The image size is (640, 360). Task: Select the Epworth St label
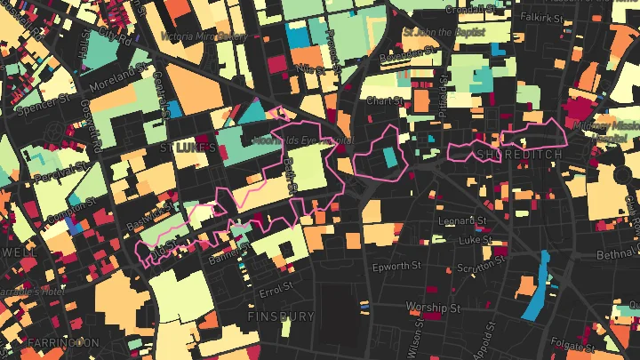click(x=396, y=266)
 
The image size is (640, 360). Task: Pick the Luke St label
click(x=476, y=239)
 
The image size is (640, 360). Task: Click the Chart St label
click(x=384, y=100)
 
